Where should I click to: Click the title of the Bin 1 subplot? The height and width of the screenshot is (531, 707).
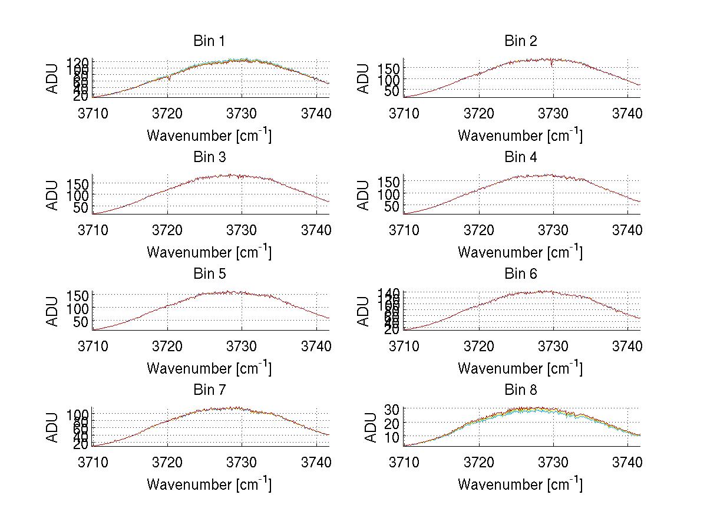[209, 41]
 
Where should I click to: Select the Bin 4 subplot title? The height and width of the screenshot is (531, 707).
[521, 157]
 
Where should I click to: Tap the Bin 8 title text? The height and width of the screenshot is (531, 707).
[521, 390]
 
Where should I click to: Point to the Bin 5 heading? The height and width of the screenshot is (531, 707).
[209, 274]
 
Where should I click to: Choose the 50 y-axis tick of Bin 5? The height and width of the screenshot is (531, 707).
[81, 322]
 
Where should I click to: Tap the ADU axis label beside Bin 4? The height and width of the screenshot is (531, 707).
[364, 195]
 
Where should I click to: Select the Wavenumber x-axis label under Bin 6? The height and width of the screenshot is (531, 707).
[520, 368]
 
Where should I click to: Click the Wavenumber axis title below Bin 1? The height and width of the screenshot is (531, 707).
[209, 136]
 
